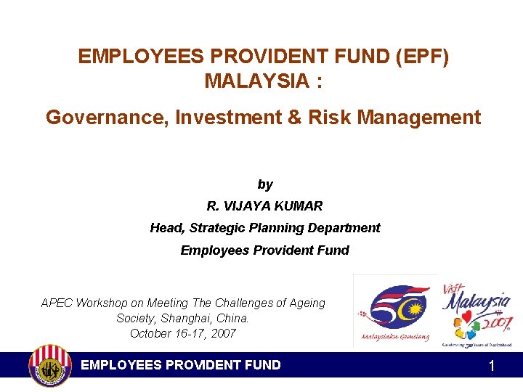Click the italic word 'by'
click(x=265, y=185)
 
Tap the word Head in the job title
click(x=166, y=228)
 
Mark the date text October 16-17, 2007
click(x=183, y=333)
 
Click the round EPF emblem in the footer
click(x=49, y=365)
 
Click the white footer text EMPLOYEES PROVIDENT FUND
click(x=181, y=364)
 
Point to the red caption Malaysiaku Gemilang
click(x=394, y=337)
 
